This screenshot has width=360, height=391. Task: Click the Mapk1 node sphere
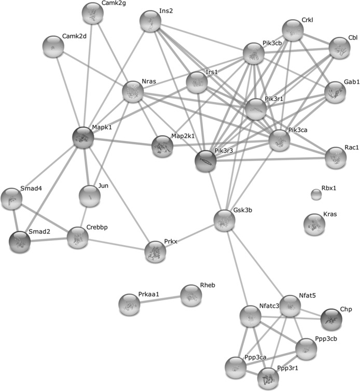(83, 137)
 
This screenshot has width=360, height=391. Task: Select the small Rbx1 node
(316, 194)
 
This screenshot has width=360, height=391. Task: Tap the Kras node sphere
(314, 225)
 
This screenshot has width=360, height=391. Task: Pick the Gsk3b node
(225, 220)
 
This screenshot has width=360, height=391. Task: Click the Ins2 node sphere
(150, 21)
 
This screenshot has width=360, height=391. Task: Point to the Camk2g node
(92, 13)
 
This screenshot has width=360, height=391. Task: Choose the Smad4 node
(11, 199)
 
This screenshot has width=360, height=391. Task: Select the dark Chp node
(331, 319)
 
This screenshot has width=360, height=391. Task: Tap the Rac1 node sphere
(336, 158)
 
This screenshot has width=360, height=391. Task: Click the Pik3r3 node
(205, 161)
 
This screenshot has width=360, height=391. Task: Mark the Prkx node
(155, 252)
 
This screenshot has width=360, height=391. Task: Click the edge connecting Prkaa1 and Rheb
(160, 300)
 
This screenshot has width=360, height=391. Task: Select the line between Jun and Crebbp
(84, 217)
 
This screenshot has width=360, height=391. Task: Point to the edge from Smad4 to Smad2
(16, 220)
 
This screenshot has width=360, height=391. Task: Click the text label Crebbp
(97, 228)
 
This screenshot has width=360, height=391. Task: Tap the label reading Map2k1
(183, 136)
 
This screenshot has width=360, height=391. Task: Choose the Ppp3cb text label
(326, 339)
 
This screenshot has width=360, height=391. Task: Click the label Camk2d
(74, 36)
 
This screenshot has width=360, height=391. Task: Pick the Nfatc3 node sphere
(250, 316)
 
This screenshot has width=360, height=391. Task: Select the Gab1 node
(335, 92)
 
